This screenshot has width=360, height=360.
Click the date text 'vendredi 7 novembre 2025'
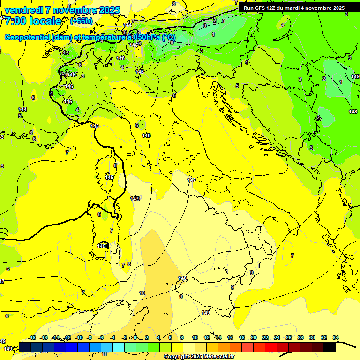(62, 10)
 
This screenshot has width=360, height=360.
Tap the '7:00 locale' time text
(33, 21)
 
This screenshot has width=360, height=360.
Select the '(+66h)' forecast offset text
(81, 21)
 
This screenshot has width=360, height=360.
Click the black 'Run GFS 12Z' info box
(294, 8)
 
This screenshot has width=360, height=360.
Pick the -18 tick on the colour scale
(32, 337)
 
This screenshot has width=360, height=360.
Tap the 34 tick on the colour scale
(336, 337)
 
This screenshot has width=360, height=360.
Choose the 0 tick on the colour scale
(135, 337)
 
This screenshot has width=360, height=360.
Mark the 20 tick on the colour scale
(254, 337)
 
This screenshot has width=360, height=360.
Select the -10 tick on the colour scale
(79, 337)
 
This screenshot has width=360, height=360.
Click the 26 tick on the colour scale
(289, 337)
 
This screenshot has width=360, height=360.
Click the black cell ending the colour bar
(329, 347)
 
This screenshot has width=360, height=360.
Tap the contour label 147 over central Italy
(192, 180)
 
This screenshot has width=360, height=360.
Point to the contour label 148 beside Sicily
(182, 278)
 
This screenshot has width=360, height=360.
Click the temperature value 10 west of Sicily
(142, 293)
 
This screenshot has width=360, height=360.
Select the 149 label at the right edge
(355, 76)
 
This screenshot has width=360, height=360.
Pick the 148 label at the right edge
(353, 112)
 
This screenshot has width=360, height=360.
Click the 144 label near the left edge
(22, 109)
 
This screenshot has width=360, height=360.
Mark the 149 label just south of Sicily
(206, 313)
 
